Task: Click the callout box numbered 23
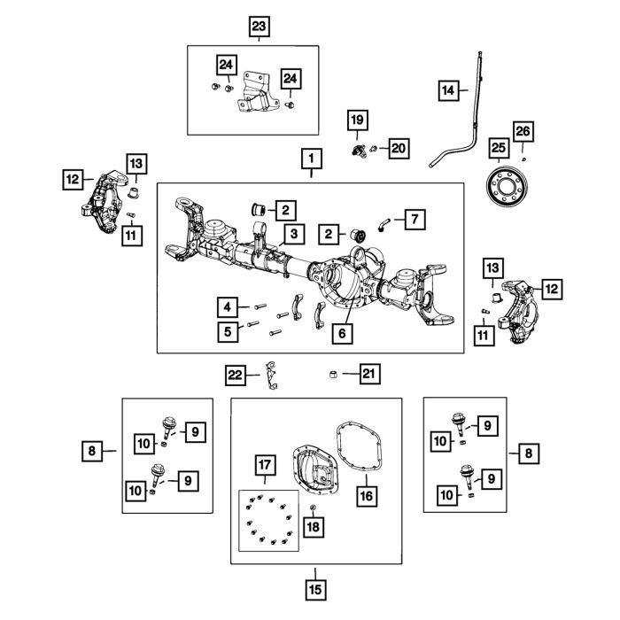pos(259,28)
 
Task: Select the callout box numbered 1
pos(311,159)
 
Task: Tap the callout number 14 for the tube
pos(449,89)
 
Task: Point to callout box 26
pos(523,133)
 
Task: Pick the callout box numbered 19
pos(355,120)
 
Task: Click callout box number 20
pos(397,148)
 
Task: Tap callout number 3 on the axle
pos(293,234)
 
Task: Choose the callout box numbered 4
pos(229,307)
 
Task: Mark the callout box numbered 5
pos(229,331)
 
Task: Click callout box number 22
pos(235,376)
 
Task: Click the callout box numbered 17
pos(263,465)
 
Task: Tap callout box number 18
pos(312,526)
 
